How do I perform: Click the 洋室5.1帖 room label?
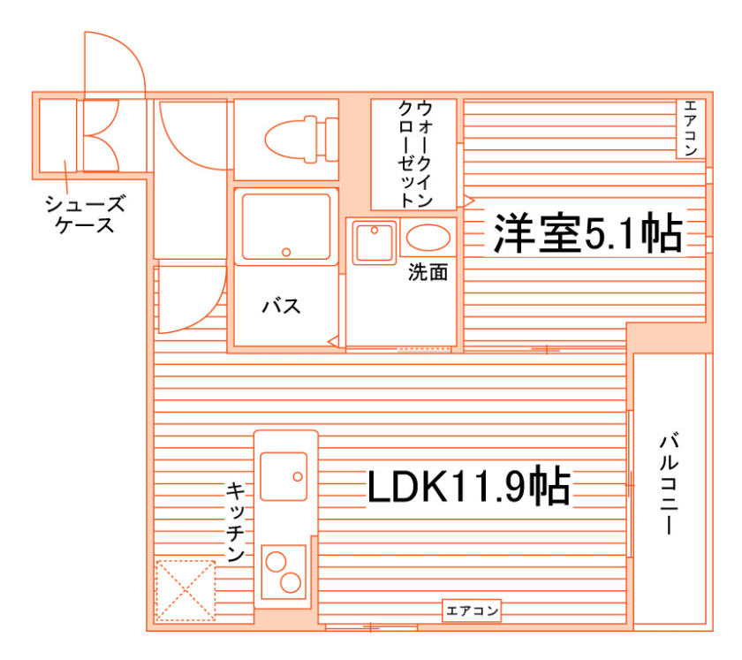(x=587, y=233)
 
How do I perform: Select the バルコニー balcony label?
(x=670, y=482)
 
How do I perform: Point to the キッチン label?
(x=236, y=522)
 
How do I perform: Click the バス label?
(x=281, y=307)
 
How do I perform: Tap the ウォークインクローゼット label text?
(x=414, y=153)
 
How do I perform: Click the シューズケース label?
(x=85, y=216)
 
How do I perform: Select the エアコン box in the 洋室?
(x=690, y=129)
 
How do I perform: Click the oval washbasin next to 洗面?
(x=428, y=239)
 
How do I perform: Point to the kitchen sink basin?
(x=284, y=476)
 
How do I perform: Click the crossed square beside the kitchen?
(x=185, y=589)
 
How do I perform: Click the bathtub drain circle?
(x=286, y=253)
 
